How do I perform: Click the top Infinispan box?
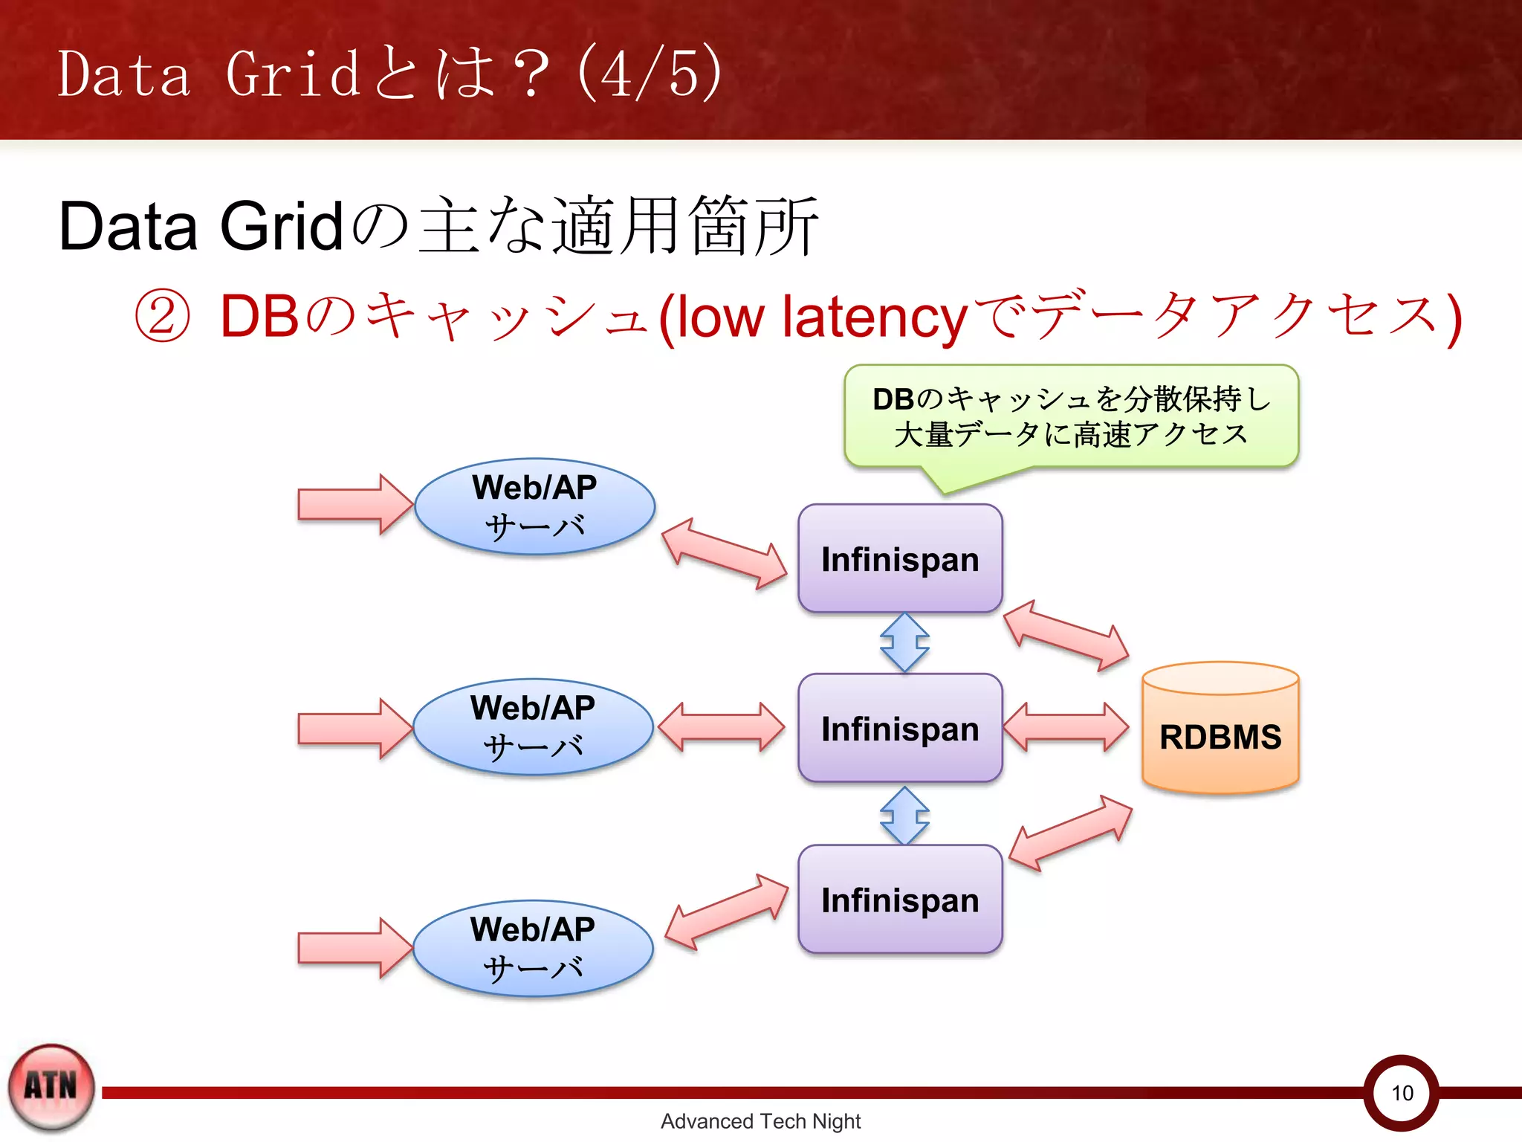(900, 559)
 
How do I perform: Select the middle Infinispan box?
(900, 728)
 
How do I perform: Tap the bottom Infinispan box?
(900, 899)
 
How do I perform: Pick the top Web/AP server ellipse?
(534, 506)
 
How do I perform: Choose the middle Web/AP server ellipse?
(533, 726)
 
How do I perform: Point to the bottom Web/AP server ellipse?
(533, 948)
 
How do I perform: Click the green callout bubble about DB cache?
(1071, 416)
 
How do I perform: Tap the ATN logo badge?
(51, 1087)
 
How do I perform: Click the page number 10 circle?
(1402, 1092)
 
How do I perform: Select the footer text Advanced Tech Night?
(760, 1121)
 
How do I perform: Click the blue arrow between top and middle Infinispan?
(904, 642)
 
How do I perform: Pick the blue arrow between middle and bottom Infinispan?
(904, 816)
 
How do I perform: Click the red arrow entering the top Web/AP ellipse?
(354, 504)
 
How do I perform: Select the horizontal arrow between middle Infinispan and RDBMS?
(1066, 727)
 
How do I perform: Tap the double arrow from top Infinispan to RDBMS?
(1066, 636)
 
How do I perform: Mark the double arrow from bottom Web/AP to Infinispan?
(726, 912)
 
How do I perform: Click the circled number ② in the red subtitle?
(162, 316)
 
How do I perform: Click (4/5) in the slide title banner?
(649, 73)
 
